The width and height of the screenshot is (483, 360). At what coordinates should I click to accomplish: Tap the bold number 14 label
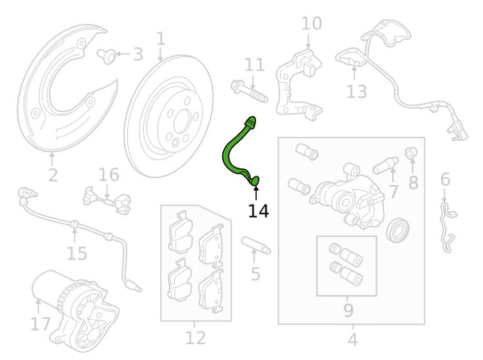click(x=258, y=212)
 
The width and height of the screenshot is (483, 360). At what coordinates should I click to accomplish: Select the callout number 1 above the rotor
click(x=161, y=39)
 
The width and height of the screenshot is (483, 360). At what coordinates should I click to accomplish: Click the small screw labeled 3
click(x=107, y=56)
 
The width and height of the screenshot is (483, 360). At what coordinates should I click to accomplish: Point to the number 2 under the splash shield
click(x=53, y=175)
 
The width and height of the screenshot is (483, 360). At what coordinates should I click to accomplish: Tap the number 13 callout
click(x=357, y=92)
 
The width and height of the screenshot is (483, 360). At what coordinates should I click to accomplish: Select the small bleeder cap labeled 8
click(x=411, y=152)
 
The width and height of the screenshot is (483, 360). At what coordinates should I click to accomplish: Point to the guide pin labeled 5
click(x=256, y=245)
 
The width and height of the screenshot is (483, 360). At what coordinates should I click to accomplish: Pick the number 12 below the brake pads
click(x=196, y=337)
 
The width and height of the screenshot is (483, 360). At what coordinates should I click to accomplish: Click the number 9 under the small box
click(x=348, y=310)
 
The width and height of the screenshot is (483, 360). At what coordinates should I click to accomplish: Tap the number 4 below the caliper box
click(x=353, y=339)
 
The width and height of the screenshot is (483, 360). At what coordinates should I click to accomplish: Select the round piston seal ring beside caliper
click(x=398, y=230)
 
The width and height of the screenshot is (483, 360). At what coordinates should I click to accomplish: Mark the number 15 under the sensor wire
click(x=76, y=254)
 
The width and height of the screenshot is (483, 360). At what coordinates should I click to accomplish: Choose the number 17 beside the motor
click(x=40, y=324)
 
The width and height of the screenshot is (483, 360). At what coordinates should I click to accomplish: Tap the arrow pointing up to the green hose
click(x=256, y=193)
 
